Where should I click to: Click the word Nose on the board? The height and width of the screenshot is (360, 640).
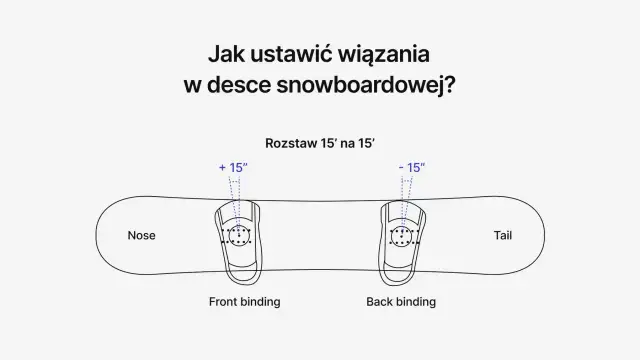(x=142, y=236)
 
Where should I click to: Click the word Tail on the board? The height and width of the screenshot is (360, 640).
(x=503, y=236)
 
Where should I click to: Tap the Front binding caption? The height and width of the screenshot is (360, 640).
(x=244, y=301)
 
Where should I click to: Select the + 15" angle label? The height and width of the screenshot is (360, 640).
(x=234, y=167)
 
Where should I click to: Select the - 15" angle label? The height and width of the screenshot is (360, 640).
(x=411, y=167)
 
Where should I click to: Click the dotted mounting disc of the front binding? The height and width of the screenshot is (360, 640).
(x=239, y=237)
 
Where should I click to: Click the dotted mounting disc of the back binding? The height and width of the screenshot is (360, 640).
(x=404, y=237)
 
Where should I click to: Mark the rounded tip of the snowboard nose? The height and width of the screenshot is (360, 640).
(x=98, y=236)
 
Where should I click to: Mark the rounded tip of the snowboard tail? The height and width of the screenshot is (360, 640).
(x=546, y=236)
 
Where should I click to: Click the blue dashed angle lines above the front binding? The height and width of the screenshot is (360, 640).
(x=236, y=190)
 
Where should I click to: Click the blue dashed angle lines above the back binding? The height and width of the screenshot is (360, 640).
(x=405, y=190)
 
